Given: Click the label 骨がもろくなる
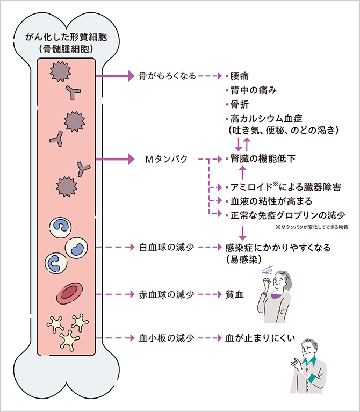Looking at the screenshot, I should (x=167, y=76).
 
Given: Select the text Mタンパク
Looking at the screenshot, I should (x=167, y=160).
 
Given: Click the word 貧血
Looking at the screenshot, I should (x=235, y=294).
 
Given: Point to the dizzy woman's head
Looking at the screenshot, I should (x=281, y=280).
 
